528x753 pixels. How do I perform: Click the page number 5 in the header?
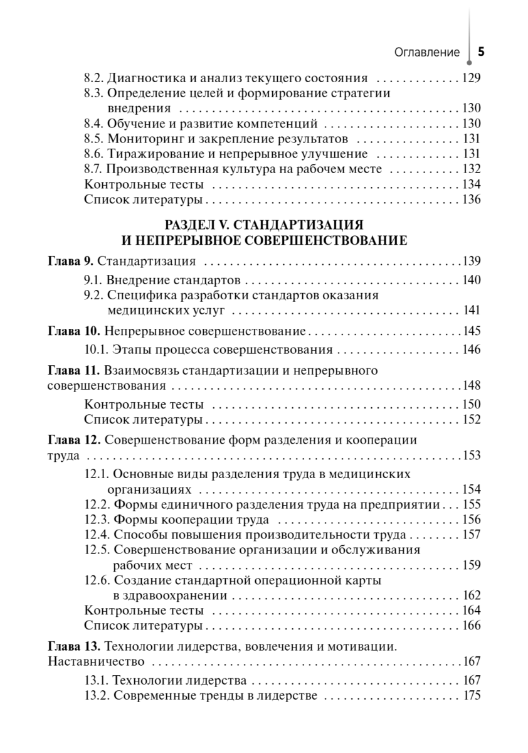pyautogui.click(x=481, y=52)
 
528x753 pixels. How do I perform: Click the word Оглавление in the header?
pyautogui.click(x=427, y=53)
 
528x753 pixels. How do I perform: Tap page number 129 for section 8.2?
pyautogui.click(x=471, y=79)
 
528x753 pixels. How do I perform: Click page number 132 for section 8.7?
pyautogui.click(x=471, y=169)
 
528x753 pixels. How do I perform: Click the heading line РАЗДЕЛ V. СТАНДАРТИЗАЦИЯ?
pyautogui.click(x=264, y=225)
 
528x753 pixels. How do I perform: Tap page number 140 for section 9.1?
pyautogui.click(x=471, y=279)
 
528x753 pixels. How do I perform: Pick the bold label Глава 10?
pyautogui.click(x=73, y=331)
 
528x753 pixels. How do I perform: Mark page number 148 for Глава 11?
pyautogui.click(x=471, y=385)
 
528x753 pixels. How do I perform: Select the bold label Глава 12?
pyautogui.click(x=73, y=440)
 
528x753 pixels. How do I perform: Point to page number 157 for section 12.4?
pyautogui.click(x=471, y=535)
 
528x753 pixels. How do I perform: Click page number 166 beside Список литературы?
pyautogui.click(x=471, y=626)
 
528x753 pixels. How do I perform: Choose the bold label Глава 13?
pyautogui.click(x=73, y=646)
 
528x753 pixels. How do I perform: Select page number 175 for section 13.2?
pyautogui.click(x=471, y=695)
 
